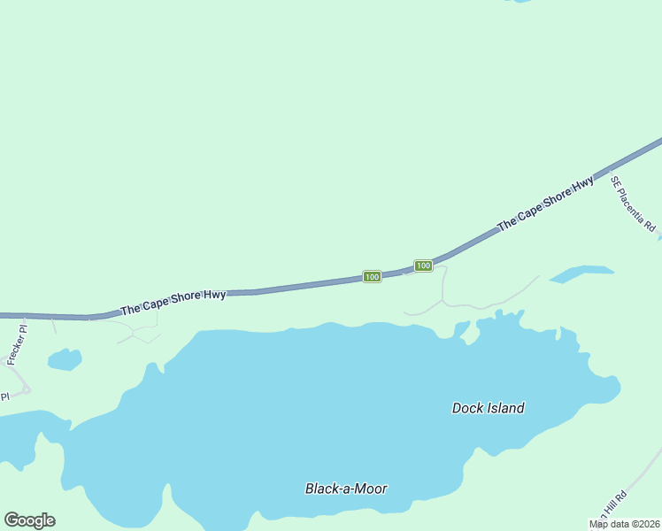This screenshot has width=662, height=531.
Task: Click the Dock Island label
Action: [x=488, y=408]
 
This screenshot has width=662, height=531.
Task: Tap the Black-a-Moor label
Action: [x=346, y=489]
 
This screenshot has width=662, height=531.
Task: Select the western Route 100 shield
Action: [x=372, y=277]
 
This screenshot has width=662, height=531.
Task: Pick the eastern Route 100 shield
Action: [x=423, y=265]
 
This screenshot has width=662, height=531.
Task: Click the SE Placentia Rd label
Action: [x=633, y=204]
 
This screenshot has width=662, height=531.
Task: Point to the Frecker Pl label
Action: [x=17, y=345]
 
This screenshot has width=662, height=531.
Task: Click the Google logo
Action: [x=29, y=520]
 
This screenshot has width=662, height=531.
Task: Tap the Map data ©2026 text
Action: [x=624, y=524]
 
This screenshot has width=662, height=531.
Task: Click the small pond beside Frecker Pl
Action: [x=64, y=359]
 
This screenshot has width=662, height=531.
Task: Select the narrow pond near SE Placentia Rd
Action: [x=581, y=273]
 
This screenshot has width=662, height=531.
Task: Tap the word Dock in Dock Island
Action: [x=466, y=408]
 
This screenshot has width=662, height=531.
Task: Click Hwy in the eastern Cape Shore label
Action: [x=581, y=188]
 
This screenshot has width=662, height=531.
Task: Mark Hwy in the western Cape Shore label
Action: [x=214, y=295]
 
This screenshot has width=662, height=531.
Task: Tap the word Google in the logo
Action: [x=29, y=520]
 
